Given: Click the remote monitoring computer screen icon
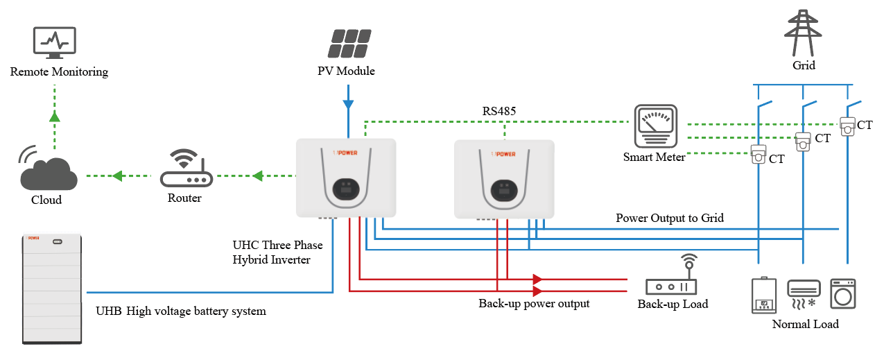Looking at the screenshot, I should click(x=55, y=43).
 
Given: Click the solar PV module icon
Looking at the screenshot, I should click(x=348, y=44).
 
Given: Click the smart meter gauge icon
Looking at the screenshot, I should click(x=655, y=126).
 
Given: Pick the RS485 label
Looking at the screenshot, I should click(x=499, y=111).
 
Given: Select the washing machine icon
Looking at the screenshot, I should click(x=842, y=294).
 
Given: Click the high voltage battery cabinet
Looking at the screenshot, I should click(x=51, y=289).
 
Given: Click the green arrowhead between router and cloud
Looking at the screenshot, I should click(x=119, y=176).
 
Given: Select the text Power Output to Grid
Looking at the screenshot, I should click(x=670, y=218).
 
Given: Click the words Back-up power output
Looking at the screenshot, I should click(x=534, y=304).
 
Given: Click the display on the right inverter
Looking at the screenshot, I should click(x=504, y=189).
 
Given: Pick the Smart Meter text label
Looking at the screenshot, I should click(x=654, y=157).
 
